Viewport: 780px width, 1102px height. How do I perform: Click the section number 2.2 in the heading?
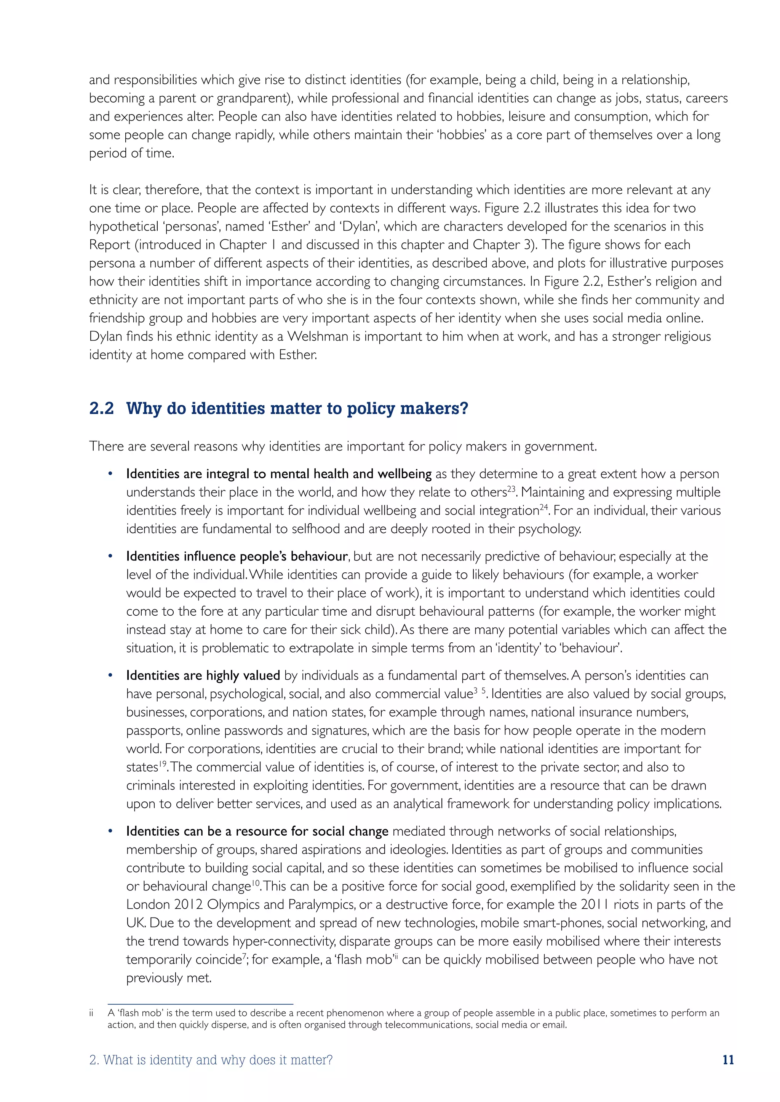(101, 408)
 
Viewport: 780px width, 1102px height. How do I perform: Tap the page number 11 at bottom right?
(728, 1059)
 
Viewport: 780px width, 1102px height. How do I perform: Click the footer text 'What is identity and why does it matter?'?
(217, 1059)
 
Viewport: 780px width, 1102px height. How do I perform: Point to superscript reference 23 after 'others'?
(512, 488)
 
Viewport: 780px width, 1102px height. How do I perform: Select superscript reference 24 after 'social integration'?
(544, 506)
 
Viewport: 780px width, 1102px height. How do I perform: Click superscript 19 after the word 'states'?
(163, 763)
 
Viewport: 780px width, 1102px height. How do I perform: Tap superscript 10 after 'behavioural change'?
(256, 882)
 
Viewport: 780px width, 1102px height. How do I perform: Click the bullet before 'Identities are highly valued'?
(110, 675)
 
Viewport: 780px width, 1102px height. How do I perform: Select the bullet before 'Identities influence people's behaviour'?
(110, 556)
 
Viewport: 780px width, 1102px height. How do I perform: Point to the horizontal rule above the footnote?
(200, 1003)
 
